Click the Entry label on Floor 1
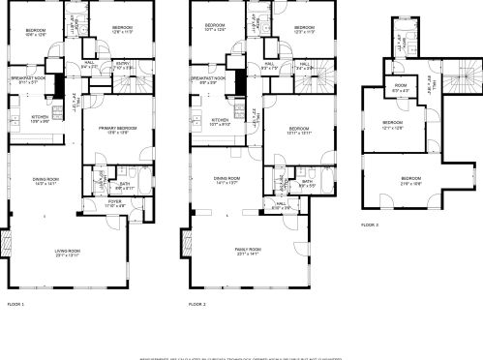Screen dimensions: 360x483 coord(122,64)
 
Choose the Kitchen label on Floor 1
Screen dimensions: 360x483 coord(27,117)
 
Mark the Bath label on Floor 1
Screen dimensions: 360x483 coord(125,183)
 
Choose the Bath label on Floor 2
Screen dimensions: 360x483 coord(307,181)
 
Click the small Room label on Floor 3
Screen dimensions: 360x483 coord(400,86)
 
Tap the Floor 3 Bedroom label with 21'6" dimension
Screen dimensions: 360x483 coord(411,179)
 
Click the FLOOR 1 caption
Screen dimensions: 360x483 coord(15,304)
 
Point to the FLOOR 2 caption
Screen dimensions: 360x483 coord(196,304)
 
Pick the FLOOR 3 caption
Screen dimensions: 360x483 coord(370,225)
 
